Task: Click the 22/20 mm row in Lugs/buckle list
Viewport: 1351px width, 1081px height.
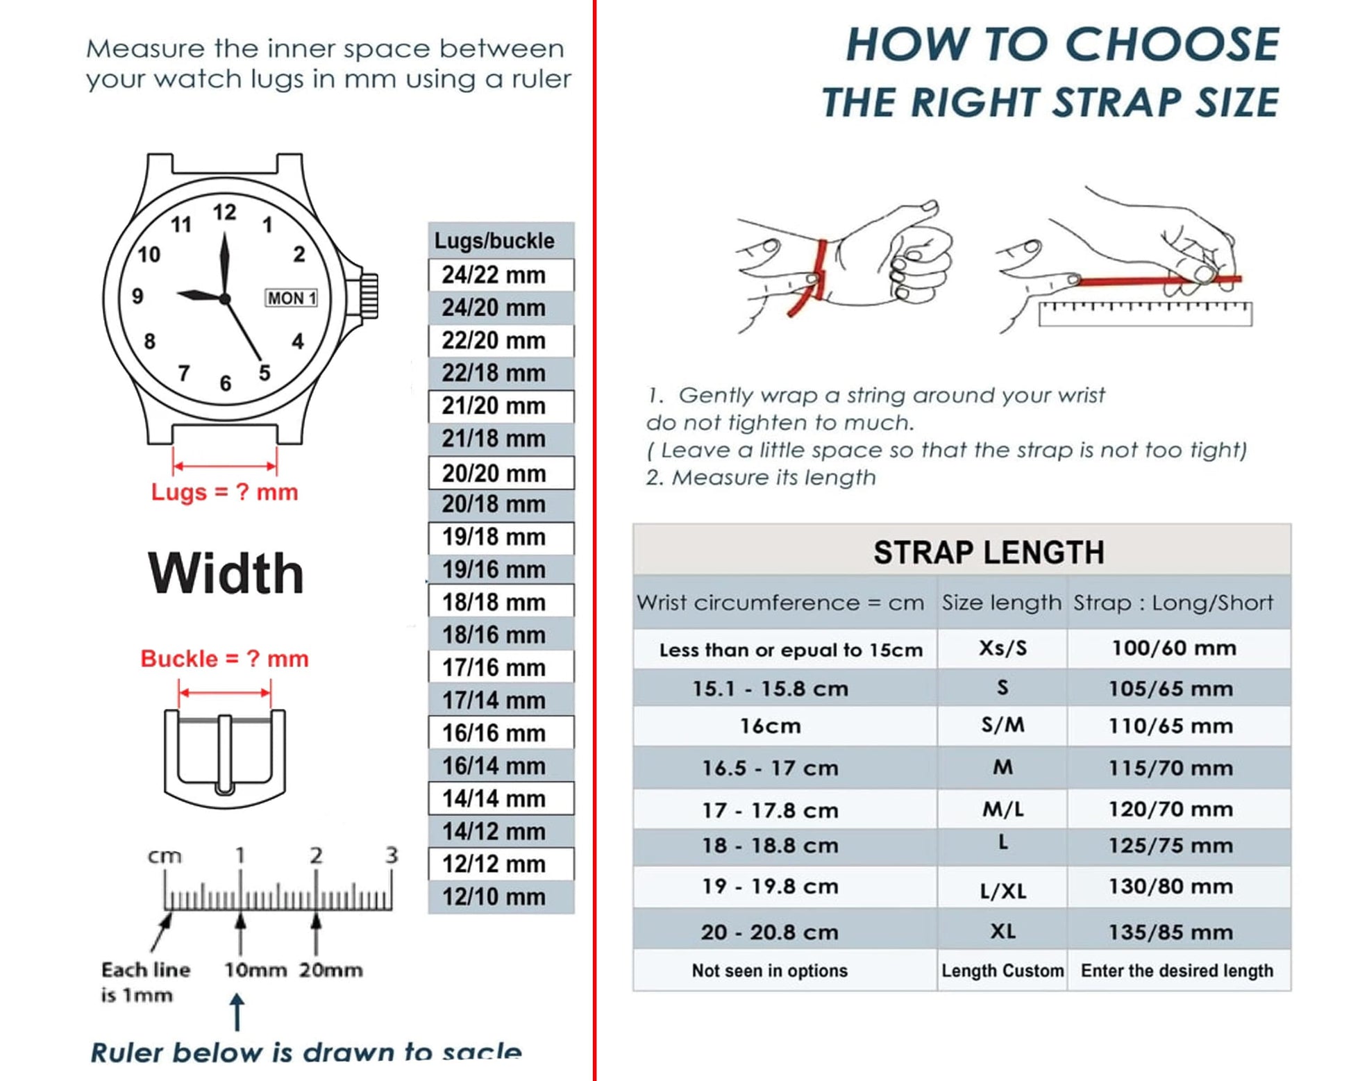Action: tap(494, 340)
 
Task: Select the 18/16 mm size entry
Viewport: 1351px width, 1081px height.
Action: tap(494, 635)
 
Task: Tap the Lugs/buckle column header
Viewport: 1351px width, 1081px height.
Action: tap(494, 240)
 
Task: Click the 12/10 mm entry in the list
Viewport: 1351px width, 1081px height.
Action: tap(494, 896)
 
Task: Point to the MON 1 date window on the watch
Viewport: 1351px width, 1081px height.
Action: tap(292, 298)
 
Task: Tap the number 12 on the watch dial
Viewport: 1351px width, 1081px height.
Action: tap(224, 212)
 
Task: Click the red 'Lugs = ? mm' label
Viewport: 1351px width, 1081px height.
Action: tap(224, 492)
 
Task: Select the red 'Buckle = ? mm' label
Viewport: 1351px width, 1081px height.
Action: tap(224, 658)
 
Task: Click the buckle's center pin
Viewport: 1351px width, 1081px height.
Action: tap(225, 753)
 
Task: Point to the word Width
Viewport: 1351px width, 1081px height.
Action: tap(226, 573)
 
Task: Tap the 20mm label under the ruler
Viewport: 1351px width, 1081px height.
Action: tap(330, 969)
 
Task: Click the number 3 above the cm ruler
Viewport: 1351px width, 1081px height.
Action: tap(392, 855)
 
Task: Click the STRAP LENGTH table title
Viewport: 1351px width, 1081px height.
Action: tap(988, 552)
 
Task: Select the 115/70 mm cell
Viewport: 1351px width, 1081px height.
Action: tap(1170, 768)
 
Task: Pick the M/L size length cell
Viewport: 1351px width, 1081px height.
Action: tap(1002, 810)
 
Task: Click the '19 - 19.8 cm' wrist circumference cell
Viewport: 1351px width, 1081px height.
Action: tap(769, 887)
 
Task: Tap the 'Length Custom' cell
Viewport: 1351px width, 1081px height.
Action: tap(1002, 970)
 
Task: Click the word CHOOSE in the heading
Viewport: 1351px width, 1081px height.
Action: tap(1171, 45)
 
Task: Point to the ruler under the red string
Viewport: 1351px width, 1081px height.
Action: tap(1145, 315)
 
